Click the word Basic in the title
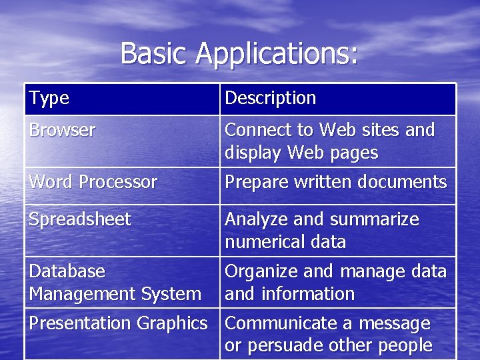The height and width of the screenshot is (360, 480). tap(154, 53)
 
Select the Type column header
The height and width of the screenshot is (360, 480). tap(49, 99)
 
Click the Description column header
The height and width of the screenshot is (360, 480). tap(270, 99)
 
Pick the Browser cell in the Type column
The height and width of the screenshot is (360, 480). tap(62, 129)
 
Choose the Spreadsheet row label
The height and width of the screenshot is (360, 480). tap(79, 219)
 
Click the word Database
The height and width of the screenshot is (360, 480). tap(67, 271)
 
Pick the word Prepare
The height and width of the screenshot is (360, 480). tap(254, 182)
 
